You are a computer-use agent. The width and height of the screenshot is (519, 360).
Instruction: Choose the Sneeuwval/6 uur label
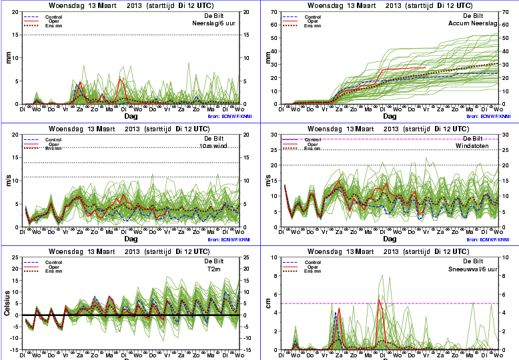(x=474, y=269)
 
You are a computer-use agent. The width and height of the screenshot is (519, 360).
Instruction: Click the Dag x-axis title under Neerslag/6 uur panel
(x=131, y=115)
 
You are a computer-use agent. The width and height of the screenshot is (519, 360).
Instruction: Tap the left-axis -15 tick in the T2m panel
(x=15, y=349)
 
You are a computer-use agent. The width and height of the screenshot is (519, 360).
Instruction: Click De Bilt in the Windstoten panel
(x=473, y=138)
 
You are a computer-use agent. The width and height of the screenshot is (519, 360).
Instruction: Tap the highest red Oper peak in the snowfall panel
(x=379, y=301)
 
